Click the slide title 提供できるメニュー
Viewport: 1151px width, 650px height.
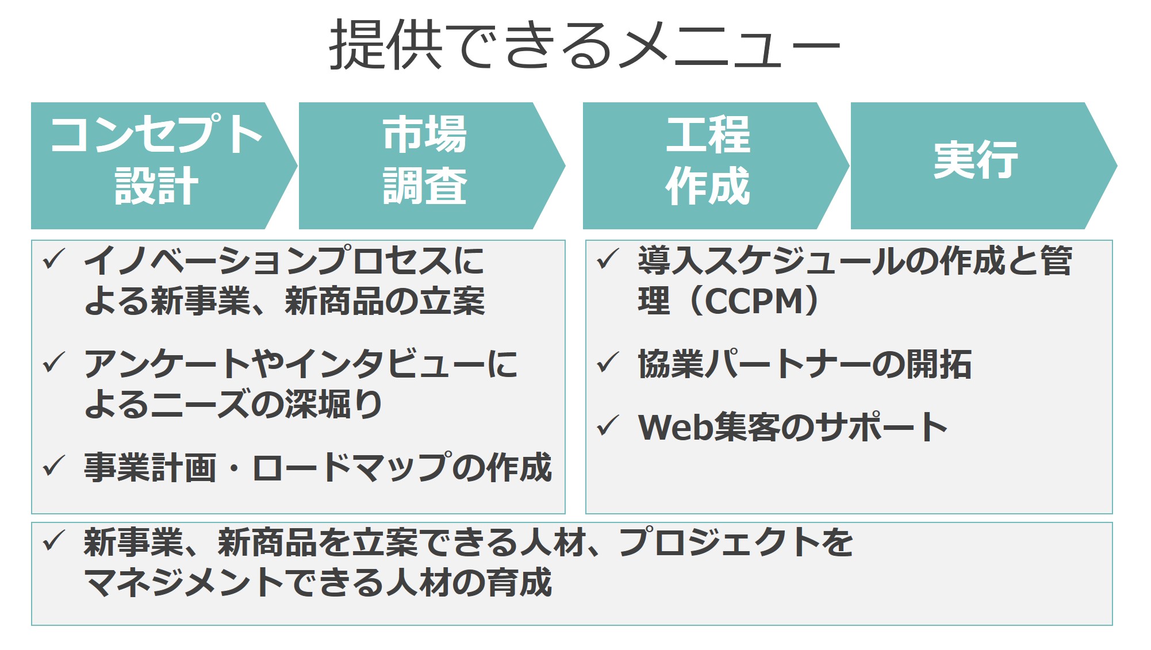pyautogui.click(x=584, y=45)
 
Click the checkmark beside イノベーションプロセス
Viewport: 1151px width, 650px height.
pyautogui.click(x=55, y=259)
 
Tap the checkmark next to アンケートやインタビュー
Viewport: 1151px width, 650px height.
pyautogui.click(x=55, y=363)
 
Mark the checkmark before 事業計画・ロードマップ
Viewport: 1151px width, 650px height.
pyautogui.click(x=55, y=466)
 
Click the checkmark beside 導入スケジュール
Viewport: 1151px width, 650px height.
pyautogui.click(x=608, y=259)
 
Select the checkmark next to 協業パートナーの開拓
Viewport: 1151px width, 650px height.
pyautogui.click(x=608, y=363)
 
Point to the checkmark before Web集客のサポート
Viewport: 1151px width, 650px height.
pyautogui.click(x=608, y=426)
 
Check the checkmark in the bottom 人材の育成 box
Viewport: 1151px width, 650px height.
pyautogui.click(x=55, y=541)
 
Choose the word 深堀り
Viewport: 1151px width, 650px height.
pyautogui.click(x=334, y=403)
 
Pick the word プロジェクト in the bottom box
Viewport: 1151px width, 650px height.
pyautogui.click(x=719, y=542)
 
